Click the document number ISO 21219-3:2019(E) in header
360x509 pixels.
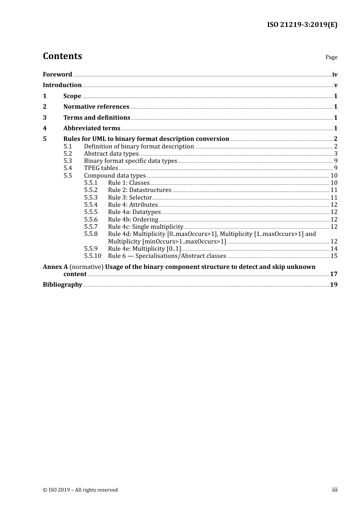[302, 25]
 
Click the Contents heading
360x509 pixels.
[62, 56]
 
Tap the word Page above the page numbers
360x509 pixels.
[331, 57]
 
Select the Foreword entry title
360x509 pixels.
[57, 75]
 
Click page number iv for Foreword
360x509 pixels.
[335, 75]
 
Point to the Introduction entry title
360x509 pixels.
[62, 85]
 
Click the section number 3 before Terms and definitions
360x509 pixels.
[45, 118]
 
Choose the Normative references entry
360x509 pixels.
[96, 107]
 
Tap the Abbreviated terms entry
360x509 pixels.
[92, 128]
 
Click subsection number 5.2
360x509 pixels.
[68, 154]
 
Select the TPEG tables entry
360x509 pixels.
[101, 168]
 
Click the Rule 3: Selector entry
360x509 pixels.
[130, 198]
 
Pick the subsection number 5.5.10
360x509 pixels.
[92, 256]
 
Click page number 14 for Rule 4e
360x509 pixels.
[334, 249]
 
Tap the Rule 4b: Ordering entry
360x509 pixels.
[133, 220]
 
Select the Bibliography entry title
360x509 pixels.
[63, 285]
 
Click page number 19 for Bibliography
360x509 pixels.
[333, 285]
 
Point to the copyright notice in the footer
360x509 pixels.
[80, 490]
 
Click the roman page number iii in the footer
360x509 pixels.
[335, 490]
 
